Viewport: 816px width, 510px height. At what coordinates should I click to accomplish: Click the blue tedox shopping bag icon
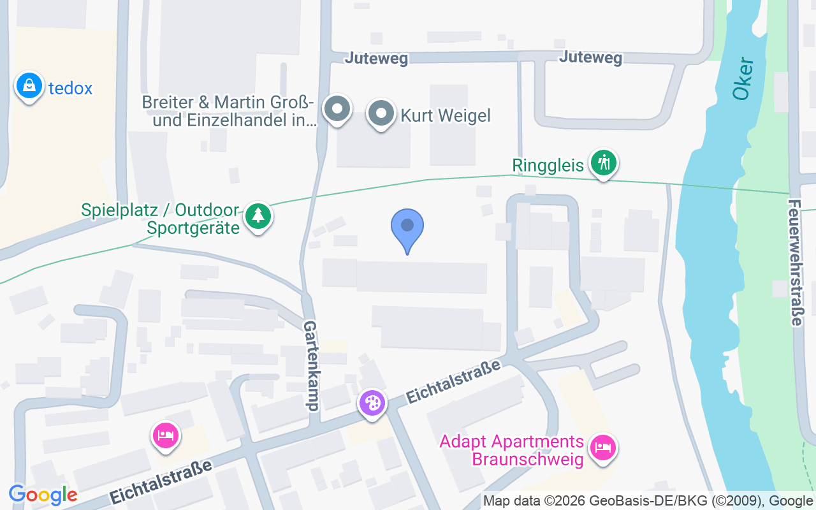click(x=29, y=86)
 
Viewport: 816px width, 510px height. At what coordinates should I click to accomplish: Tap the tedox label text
click(x=71, y=88)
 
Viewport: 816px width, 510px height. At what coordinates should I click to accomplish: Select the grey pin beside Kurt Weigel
click(x=381, y=113)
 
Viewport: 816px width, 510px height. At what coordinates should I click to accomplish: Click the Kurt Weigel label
click(x=446, y=115)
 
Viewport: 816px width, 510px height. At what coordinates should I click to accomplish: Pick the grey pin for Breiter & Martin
click(x=337, y=109)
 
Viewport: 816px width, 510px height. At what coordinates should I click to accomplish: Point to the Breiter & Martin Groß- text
click(x=228, y=102)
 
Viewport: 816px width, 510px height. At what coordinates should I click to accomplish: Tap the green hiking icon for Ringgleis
click(x=602, y=163)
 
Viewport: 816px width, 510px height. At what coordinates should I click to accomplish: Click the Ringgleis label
click(x=548, y=166)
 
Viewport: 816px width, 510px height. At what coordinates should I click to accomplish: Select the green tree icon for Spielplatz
click(x=258, y=216)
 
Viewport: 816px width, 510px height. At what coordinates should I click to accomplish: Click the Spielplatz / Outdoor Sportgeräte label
click(x=161, y=218)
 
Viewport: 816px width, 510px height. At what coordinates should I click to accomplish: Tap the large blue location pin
click(x=407, y=229)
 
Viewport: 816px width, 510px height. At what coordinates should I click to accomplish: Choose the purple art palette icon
click(x=372, y=404)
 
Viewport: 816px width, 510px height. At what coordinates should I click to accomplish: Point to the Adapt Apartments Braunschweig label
click(x=512, y=450)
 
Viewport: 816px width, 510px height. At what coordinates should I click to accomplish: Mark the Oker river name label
click(x=743, y=79)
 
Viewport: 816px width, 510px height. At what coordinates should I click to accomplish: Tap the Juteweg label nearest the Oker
click(x=590, y=58)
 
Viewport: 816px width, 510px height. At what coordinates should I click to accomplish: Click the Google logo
click(x=43, y=494)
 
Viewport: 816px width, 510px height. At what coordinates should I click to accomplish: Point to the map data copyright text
click(x=647, y=501)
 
